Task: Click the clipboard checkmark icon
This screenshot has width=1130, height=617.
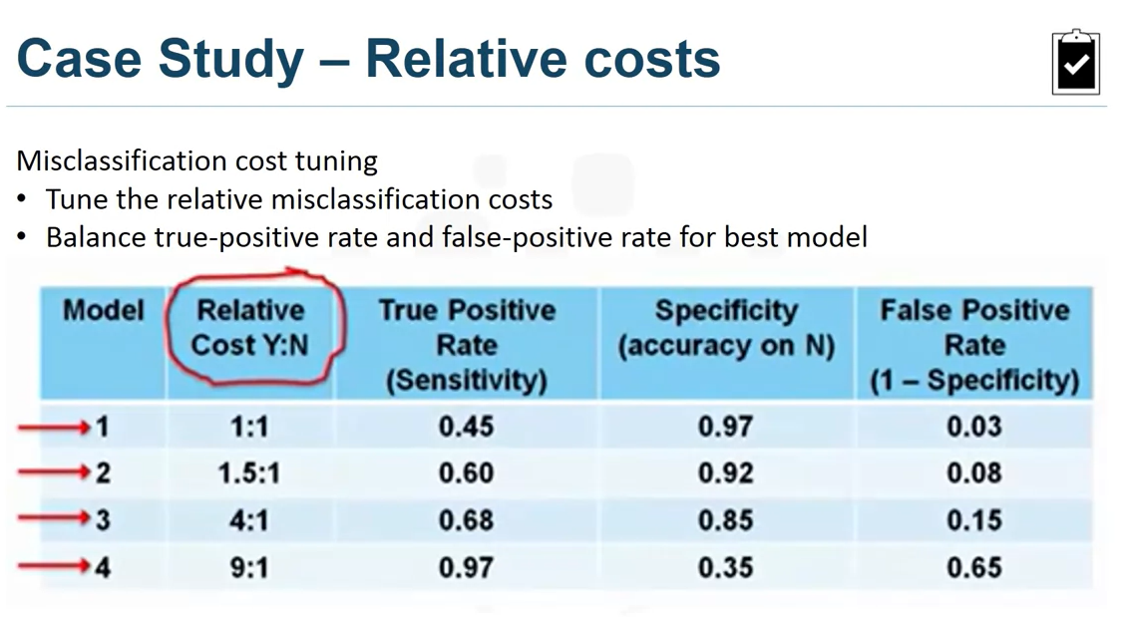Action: (1075, 62)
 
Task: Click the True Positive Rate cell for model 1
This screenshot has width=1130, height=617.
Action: (466, 427)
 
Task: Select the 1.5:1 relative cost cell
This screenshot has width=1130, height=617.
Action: (248, 473)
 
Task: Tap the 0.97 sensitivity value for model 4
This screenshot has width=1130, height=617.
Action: (466, 567)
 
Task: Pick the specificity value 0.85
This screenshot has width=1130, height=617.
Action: (725, 520)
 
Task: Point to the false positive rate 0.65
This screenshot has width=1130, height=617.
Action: (973, 567)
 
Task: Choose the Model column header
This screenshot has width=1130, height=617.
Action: (103, 310)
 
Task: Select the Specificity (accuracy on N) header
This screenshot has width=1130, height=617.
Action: (725, 328)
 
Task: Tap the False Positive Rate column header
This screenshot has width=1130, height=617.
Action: (973, 345)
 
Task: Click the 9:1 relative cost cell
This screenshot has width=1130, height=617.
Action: (248, 567)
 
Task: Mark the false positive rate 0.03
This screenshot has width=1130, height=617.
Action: (973, 427)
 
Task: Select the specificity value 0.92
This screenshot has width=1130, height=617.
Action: (725, 473)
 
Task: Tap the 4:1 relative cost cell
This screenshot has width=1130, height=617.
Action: (248, 520)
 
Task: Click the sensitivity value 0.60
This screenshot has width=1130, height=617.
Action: (466, 473)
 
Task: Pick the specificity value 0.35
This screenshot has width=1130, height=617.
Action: (725, 567)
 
